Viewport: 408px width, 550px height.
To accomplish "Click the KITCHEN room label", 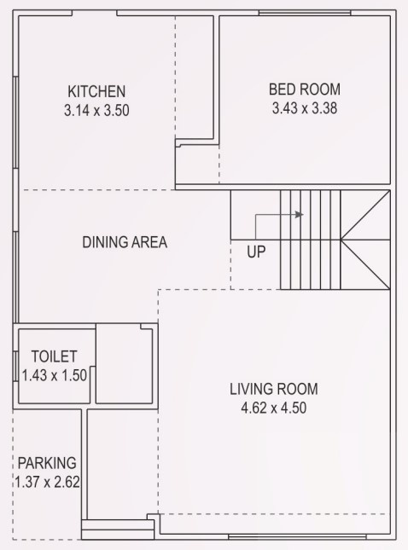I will (96, 91).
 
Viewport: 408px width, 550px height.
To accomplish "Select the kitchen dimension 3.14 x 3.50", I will (96, 110).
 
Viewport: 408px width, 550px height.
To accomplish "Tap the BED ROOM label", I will (305, 89).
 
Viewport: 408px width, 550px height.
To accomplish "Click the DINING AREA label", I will (125, 242).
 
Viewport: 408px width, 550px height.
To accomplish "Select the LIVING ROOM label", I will (273, 390).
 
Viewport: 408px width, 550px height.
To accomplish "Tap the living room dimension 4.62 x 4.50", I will (273, 408).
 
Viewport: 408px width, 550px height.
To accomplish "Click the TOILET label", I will (54, 356).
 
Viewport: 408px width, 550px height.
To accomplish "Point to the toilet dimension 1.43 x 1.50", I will (54, 373).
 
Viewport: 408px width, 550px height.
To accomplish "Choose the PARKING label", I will (47, 463).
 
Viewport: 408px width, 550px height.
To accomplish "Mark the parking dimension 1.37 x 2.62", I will (47, 482).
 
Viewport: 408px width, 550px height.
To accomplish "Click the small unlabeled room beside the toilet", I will (124, 364).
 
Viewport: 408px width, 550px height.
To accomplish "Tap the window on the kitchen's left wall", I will (16, 128).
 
